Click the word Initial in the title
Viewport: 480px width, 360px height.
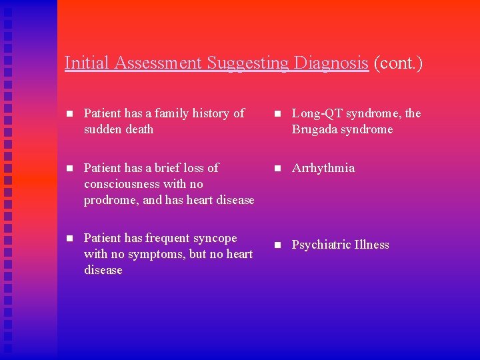point(88,63)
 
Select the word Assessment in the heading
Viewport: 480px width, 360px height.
point(159,63)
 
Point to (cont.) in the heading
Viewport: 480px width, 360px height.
point(398,63)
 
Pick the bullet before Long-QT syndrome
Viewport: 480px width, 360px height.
point(276,114)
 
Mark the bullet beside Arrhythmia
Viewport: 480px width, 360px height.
point(276,169)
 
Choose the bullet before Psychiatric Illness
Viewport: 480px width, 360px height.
point(276,245)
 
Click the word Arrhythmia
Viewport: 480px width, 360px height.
point(323,168)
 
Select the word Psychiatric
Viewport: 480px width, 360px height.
point(321,245)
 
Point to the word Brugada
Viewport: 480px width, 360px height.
point(315,129)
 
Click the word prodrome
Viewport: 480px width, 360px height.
point(109,200)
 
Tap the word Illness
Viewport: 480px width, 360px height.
point(371,245)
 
